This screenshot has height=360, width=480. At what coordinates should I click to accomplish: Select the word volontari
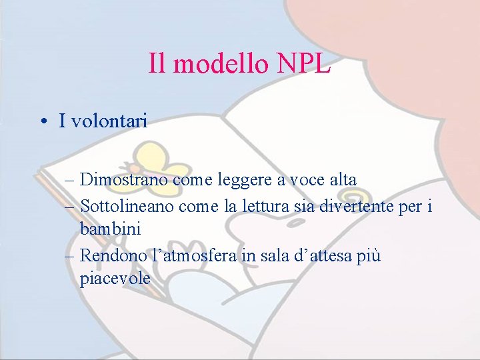point(109,121)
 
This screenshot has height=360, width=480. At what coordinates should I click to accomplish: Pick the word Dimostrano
point(124,179)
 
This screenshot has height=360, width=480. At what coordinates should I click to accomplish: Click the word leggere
point(247,179)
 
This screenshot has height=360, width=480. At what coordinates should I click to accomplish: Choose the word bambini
point(110,229)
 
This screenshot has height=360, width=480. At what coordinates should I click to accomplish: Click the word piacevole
point(115,278)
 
